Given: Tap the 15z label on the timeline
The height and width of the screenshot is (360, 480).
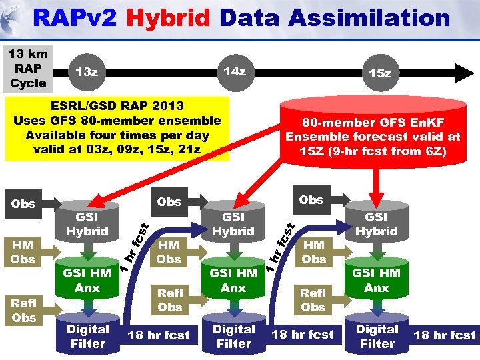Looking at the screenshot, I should click(x=380, y=73).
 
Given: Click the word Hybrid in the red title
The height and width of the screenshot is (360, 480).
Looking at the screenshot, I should click(x=164, y=17).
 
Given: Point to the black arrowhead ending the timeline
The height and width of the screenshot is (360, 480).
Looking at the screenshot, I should click(x=463, y=71).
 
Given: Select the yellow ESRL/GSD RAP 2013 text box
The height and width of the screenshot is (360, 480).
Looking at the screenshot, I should click(x=117, y=128).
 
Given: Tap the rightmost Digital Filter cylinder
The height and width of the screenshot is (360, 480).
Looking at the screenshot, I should click(x=377, y=337).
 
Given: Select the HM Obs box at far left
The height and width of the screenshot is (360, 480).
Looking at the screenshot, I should click(x=23, y=251).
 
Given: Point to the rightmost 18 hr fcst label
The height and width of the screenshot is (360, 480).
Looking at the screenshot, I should click(x=445, y=335).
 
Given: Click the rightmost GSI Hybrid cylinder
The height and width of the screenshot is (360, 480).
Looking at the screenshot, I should click(x=377, y=224).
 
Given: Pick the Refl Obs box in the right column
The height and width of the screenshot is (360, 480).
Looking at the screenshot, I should click(x=313, y=300).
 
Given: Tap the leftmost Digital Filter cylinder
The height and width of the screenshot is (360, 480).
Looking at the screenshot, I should click(x=87, y=337).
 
